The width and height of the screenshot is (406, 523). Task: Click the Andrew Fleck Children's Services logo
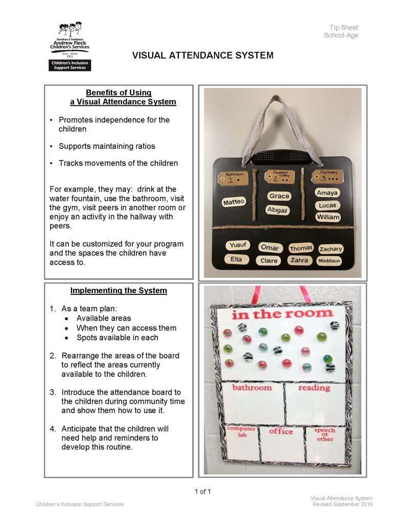click(x=69, y=46)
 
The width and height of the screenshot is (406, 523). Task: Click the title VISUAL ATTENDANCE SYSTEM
click(x=203, y=55)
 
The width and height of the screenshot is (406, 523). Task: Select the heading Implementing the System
click(x=118, y=290)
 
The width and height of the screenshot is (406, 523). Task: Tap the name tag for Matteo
click(x=234, y=202)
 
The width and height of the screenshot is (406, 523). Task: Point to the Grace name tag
click(x=279, y=196)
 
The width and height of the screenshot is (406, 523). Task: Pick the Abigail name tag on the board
click(x=277, y=210)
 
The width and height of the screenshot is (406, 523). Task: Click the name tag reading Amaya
click(x=327, y=193)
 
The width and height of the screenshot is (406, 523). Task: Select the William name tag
click(x=327, y=217)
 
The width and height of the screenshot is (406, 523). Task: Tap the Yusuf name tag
click(x=237, y=245)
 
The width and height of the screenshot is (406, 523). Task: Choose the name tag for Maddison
click(x=329, y=261)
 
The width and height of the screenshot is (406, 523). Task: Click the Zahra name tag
click(x=300, y=260)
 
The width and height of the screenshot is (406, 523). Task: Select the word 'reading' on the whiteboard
click(x=314, y=388)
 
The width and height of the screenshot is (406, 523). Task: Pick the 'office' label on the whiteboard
click(x=281, y=431)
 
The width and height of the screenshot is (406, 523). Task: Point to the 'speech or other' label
click(x=325, y=435)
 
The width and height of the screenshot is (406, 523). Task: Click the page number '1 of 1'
click(x=203, y=492)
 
